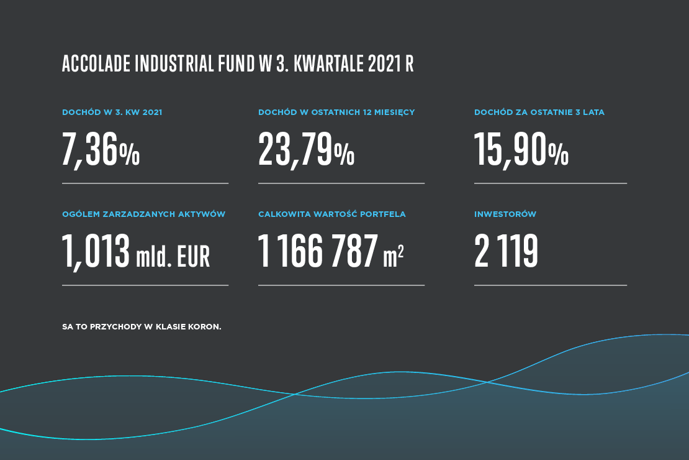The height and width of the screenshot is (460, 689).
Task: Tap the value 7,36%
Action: [101, 150]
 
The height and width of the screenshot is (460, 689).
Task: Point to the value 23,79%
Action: [306, 150]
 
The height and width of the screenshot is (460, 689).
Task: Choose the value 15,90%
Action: [521, 150]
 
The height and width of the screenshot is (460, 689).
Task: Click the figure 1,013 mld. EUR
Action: [136, 252]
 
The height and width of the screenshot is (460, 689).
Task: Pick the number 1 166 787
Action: [317, 252]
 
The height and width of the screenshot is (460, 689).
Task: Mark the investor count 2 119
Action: [506, 252]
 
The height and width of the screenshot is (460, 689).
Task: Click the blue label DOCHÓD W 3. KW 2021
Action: [112, 113]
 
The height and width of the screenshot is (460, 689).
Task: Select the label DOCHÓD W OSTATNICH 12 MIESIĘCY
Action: [336, 113]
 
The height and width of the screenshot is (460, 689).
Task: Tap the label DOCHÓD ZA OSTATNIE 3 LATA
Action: [539, 113]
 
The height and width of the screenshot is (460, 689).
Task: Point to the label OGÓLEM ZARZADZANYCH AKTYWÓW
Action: [143, 214]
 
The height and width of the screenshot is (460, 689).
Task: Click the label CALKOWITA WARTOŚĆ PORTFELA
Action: [331, 214]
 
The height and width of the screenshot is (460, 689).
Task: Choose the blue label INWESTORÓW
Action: [505, 214]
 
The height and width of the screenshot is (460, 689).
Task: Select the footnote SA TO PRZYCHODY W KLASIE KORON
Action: [142, 326]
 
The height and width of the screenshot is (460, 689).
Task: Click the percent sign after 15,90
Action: [558, 154]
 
